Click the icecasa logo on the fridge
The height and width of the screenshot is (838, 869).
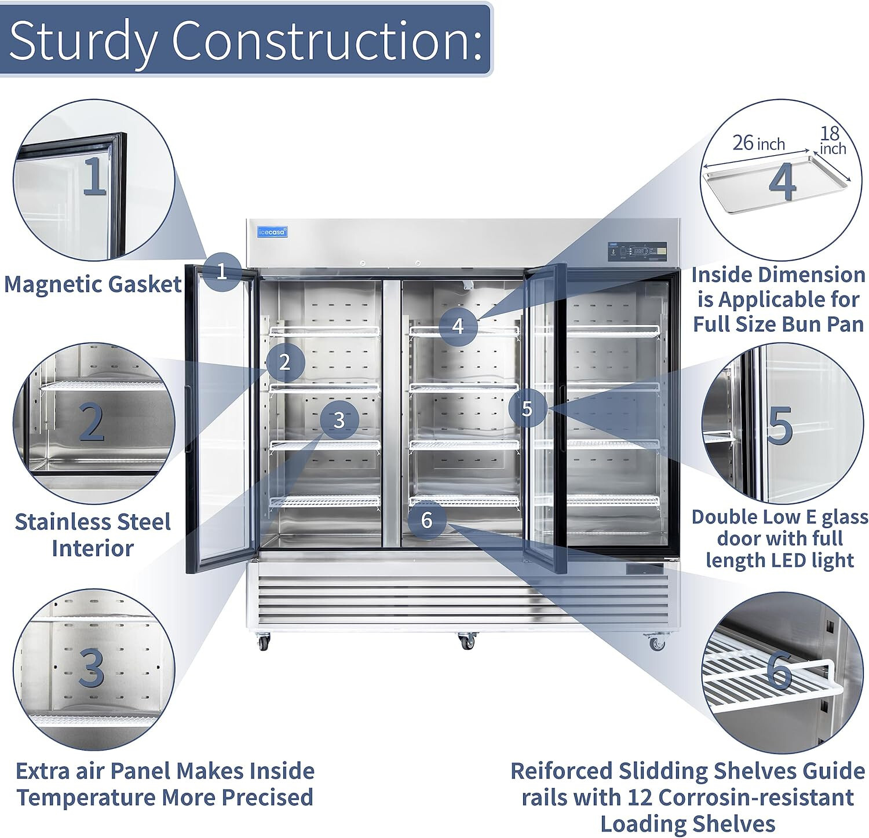tap(272, 232)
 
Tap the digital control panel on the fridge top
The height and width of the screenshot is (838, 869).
tap(637, 251)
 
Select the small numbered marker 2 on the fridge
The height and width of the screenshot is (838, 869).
tap(284, 363)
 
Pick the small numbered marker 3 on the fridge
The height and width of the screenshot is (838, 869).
tap(339, 420)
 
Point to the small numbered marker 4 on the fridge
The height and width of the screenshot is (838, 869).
tap(458, 326)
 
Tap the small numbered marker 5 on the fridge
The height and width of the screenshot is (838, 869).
tap(527, 409)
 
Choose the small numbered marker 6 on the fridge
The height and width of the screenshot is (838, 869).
tap(427, 520)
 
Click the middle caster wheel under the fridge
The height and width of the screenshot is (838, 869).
tap(466, 641)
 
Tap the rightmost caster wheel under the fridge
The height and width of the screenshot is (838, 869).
tap(656, 643)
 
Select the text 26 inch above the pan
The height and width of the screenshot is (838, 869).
tap(758, 143)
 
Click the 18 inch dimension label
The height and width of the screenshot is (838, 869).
tap(832, 141)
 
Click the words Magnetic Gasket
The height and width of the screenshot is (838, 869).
tap(93, 284)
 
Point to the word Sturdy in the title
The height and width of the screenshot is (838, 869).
tap(83, 41)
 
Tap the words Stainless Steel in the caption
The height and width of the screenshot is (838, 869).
tap(93, 522)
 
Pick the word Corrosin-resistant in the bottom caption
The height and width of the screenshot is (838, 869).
tap(757, 797)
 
